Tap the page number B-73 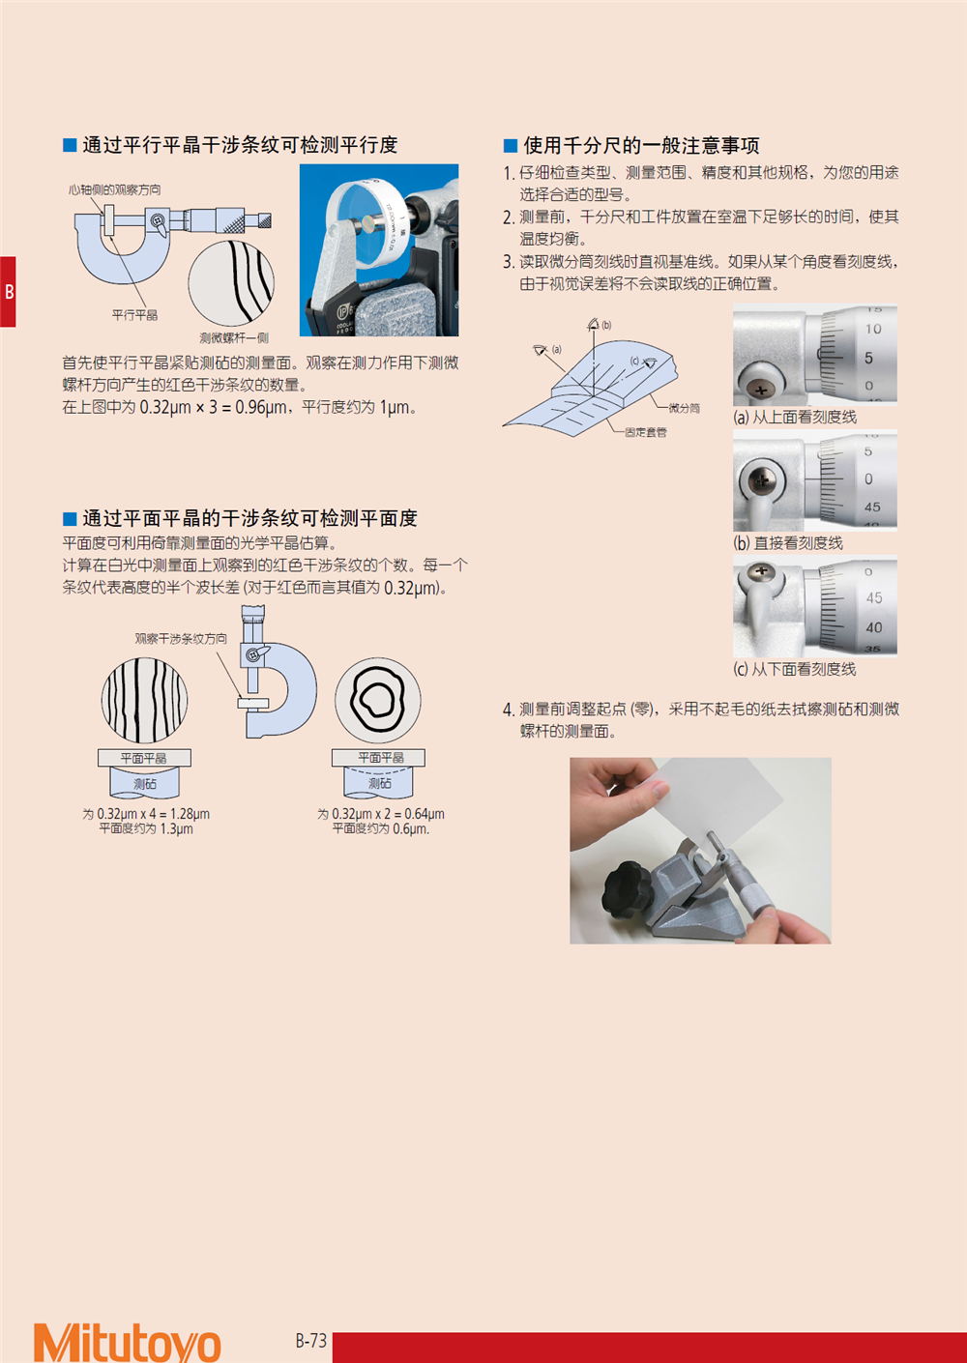click(x=311, y=1340)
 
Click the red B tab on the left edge click(x=8, y=292)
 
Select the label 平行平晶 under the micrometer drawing click(x=134, y=314)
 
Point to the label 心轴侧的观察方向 click(x=115, y=189)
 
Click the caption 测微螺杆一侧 click(x=234, y=337)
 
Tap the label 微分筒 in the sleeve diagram click(x=684, y=408)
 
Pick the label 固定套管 click(x=646, y=432)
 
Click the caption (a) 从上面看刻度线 click(x=795, y=417)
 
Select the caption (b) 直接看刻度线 click(x=788, y=542)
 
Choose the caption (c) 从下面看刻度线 click(x=794, y=669)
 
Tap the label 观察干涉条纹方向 click(x=181, y=638)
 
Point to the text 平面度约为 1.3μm click(x=146, y=828)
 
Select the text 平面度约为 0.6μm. click(x=380, y=828)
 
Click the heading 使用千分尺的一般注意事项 click(x=641, y=145)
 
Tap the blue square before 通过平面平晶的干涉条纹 click(x=70, y=518)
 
